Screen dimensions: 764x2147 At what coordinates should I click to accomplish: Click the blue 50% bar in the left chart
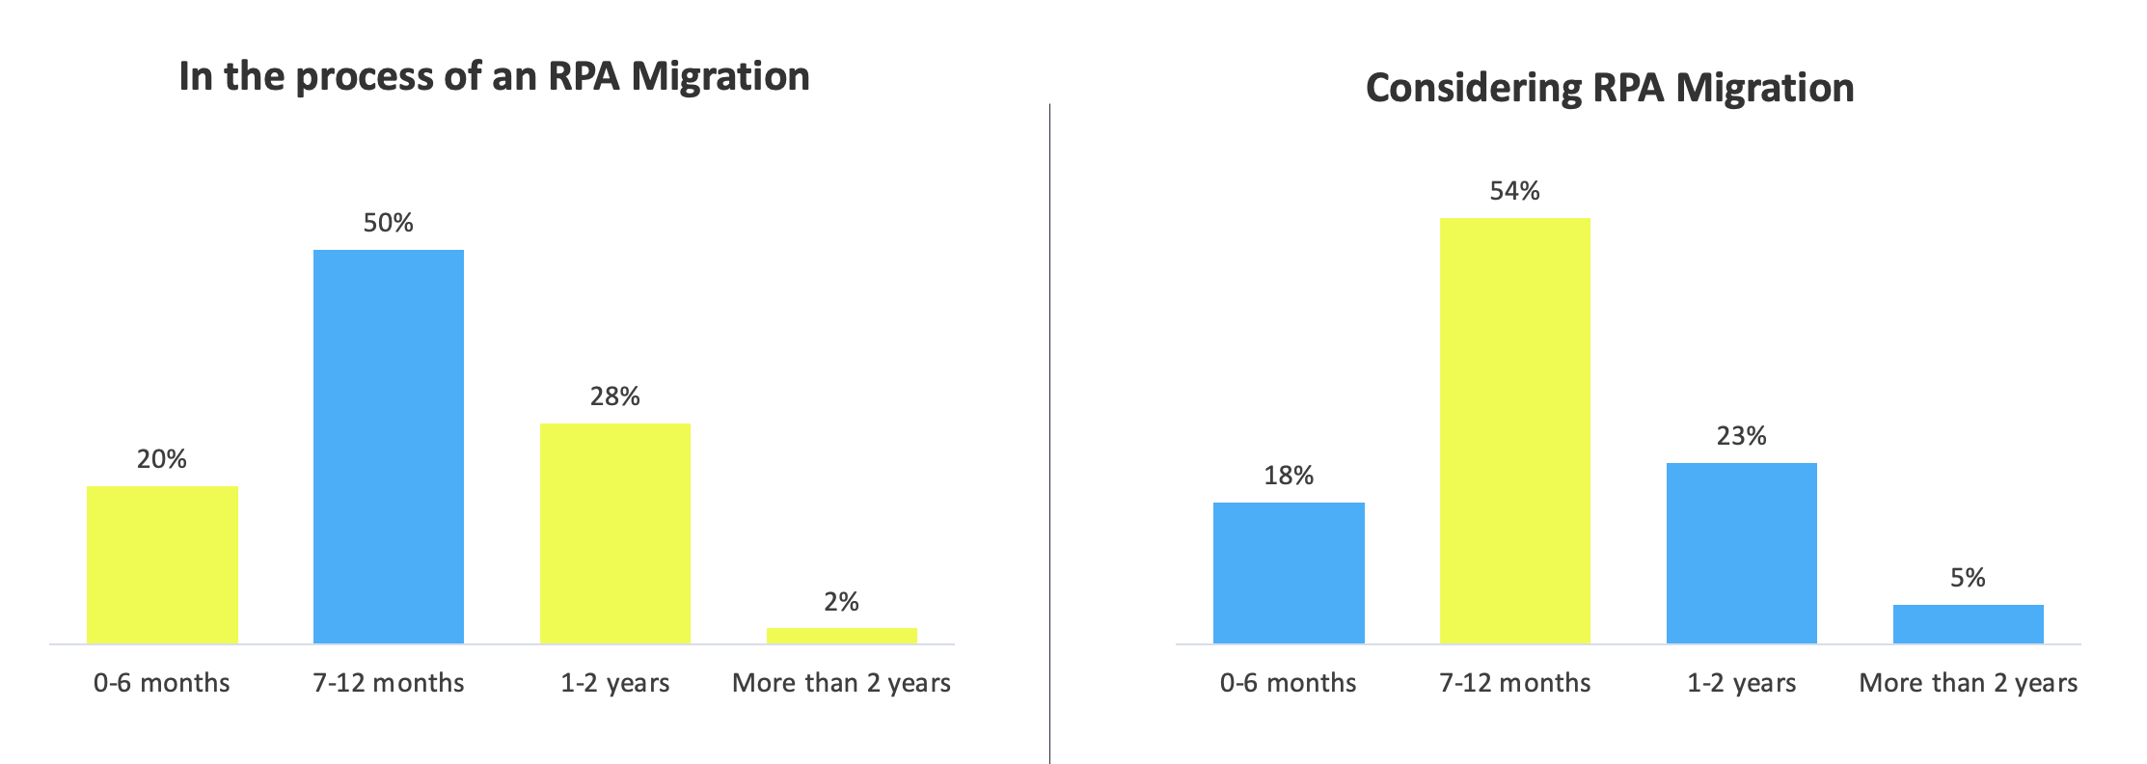pyautogui.click(x=389, y=447)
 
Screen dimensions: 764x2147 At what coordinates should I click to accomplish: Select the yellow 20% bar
pyautogui.click(x=162, y=564)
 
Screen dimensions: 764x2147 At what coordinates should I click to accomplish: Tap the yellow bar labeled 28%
pyautogui.click(x=614, y=533)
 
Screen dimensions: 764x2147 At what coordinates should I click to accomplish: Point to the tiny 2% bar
pyautogui.click(x=841, y=636)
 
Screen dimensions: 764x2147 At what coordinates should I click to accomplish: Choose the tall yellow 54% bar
pyautogui.click(x=1514, y=431)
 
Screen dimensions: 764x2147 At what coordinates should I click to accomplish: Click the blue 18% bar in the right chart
pyautogui.click(x=1289, y=573)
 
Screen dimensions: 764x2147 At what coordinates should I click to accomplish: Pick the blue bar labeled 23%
pyautogui.click(x=1741, y=553)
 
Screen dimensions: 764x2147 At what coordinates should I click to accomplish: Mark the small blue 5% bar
pyautogui.click(x=1968, y=624)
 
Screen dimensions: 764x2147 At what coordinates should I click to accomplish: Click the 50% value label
pyautogui.click(x=389, y=223)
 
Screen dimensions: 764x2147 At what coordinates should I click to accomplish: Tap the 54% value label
pyautogui.click(x=1514, y=191)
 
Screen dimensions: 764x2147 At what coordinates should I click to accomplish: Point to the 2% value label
pyautogui.click(x=841, y=602)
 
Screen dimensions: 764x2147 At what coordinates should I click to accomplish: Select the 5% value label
pyautogui.click(x=1968, y=578)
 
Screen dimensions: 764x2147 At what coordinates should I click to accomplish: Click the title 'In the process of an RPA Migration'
pyautogui.click(x=494, y=76)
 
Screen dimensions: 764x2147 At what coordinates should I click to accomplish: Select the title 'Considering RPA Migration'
pyautogui.click(x=1610, y=88)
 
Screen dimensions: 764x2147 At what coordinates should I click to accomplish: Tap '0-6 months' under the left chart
pyautogui.click(x=162, y=683)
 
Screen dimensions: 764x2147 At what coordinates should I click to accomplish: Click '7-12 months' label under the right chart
pyautogui.click(x=1514, y=683)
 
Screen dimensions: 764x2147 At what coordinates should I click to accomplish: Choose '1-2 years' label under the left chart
pyautogui.click(x=614, y=683)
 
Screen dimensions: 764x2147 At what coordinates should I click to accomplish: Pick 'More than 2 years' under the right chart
pyautogui.click(x=1968, y=683)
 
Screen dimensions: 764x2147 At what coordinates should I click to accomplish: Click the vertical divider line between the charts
pyautogui.click(x=1049, y=434)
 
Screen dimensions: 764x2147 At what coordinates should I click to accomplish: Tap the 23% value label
pyautogui.click(x=1741, y=436)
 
